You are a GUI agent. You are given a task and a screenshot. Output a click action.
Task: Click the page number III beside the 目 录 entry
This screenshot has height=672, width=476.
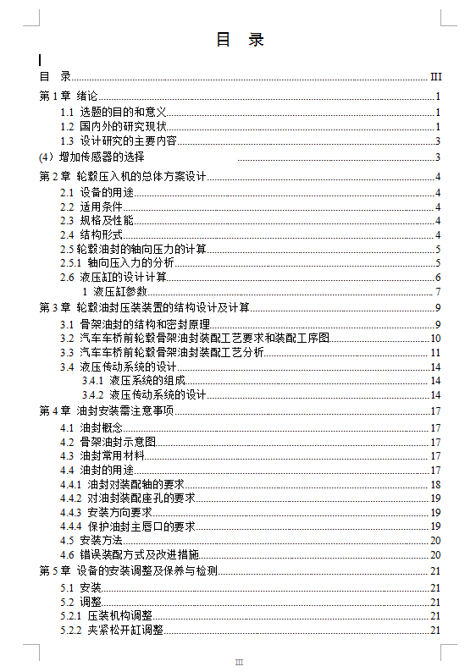436,76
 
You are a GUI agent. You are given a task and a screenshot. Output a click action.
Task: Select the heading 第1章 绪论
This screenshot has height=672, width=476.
69,96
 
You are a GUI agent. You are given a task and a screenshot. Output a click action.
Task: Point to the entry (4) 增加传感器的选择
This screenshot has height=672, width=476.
92,157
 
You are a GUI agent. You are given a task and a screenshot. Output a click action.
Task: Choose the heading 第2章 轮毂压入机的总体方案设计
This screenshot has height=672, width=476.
123,176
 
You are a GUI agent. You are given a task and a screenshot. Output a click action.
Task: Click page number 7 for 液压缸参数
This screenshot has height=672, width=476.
438,292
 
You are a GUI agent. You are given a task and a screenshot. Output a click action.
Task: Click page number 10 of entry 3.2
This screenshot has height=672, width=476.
435,338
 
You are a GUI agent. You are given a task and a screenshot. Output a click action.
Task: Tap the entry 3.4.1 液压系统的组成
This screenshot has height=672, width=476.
133,381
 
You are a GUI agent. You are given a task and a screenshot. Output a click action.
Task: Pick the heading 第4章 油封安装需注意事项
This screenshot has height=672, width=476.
106,410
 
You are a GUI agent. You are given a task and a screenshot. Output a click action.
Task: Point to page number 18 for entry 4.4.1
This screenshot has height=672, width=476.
435,484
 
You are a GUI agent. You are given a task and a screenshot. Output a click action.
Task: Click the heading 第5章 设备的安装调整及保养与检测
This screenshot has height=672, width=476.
129,571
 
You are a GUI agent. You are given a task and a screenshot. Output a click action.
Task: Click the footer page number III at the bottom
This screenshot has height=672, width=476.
239,662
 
